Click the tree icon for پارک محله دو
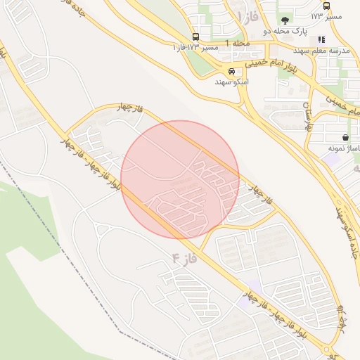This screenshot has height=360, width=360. point(285,20)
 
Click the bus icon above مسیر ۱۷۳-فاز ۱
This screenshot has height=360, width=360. point(195,37)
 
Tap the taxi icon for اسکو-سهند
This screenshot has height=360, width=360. point(231,71)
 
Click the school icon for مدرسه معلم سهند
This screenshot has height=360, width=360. point(321,40)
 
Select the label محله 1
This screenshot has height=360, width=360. point(240,44)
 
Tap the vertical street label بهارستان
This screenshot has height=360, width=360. point(307,117)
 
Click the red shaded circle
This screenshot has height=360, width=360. point(180,179)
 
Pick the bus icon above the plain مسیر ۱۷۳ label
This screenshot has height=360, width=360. point(326,5)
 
